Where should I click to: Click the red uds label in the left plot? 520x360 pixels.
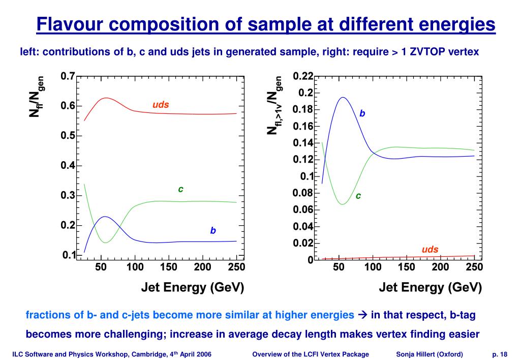pos(161,105)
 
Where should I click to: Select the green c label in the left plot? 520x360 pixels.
pos(180,189)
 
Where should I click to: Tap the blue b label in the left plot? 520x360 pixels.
pos(213,230)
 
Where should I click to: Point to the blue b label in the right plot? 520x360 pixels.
pos(362,113)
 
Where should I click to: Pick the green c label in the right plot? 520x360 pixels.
pos(358,195)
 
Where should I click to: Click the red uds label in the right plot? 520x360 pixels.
pos(430,250)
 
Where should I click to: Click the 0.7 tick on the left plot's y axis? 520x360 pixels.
pos(68,76)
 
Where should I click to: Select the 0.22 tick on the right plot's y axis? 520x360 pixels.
pos(303,76)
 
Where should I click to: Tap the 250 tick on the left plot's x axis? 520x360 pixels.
pos(236,267)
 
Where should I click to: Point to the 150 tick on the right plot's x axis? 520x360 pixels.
pos(407,267)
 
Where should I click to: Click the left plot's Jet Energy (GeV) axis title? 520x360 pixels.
pos(193,288)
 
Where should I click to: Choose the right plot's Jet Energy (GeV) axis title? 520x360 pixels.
pos(430,288)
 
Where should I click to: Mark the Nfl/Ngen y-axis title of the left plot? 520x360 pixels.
pos(37,97)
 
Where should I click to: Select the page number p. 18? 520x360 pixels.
pos(500,354)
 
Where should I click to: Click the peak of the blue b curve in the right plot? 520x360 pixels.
pos(342,98)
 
